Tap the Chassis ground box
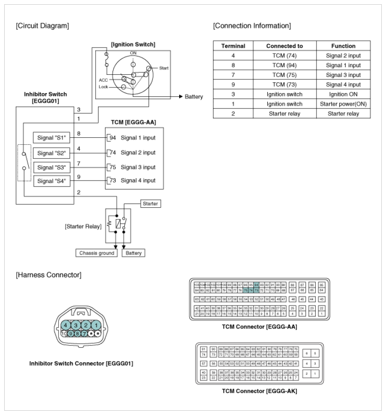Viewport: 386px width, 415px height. click(x=97, y=253)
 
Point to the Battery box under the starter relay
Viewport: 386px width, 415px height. click(x=134, y=253)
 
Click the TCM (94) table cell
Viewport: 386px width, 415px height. click(x=285, y=66)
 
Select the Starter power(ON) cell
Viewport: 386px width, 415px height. click(x=343, y=104)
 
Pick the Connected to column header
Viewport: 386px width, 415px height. click(x=285, y=46)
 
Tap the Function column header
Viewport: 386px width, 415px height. click(x=343, y=46)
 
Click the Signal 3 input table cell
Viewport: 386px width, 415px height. click(x=343, y=75)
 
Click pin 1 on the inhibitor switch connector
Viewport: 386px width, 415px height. click(x=95, y=325)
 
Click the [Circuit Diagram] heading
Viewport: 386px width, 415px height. click(x=43, y=25)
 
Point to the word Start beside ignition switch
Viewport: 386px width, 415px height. click(x=164, y=68)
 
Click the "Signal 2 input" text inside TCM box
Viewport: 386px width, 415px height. click(x=138, y=152)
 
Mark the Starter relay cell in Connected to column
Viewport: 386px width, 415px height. click(x=285, y=113)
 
